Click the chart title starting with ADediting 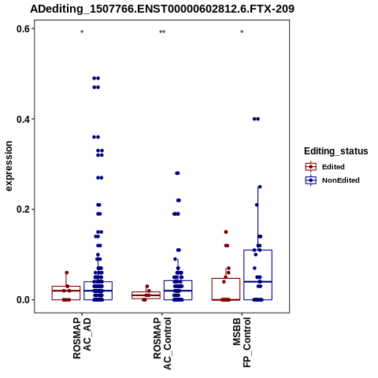(x=162, y=9)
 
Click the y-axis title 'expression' (x=9, y=166)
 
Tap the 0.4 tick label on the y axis (x=23, y=119)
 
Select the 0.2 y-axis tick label (x=23, y=209)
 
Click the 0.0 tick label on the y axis (x=23, y=300)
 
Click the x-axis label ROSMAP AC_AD (x=82, y=339)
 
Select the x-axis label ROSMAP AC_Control (x=162, y=343)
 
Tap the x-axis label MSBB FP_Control (x=242, y=343)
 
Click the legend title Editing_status (x=336, y=151)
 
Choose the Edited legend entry (x=325, y=167)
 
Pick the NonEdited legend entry (x=332, y=180)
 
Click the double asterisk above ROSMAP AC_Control (x=162, y=32)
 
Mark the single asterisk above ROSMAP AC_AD (x=82, y=32)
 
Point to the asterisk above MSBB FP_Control (x=242, y=32)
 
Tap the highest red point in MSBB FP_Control (x=226, y=232)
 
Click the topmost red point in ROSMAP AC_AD (x=67, y=272)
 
